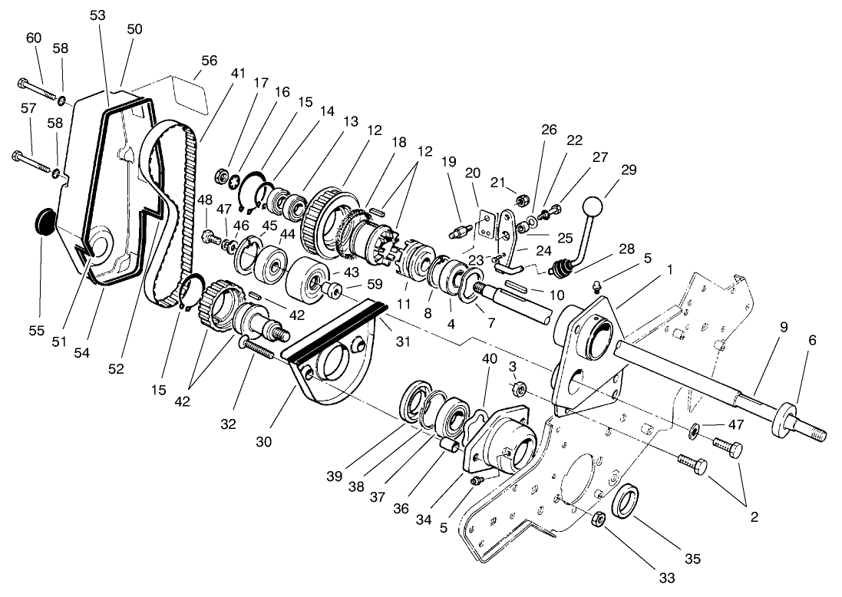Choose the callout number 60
pos(34,38)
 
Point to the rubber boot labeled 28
pos(564,269)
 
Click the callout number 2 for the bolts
pos(754,516)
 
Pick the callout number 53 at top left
pos(97,15)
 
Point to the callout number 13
pos(350,120)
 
